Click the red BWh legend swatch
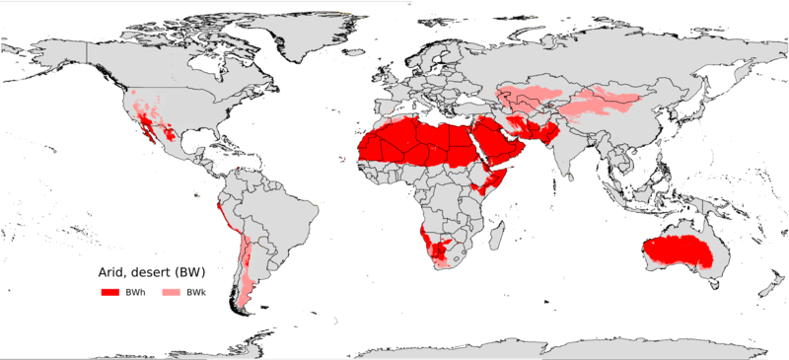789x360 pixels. click(x=108, y=294)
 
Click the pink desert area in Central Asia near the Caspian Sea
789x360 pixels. click(x=518, y=99)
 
